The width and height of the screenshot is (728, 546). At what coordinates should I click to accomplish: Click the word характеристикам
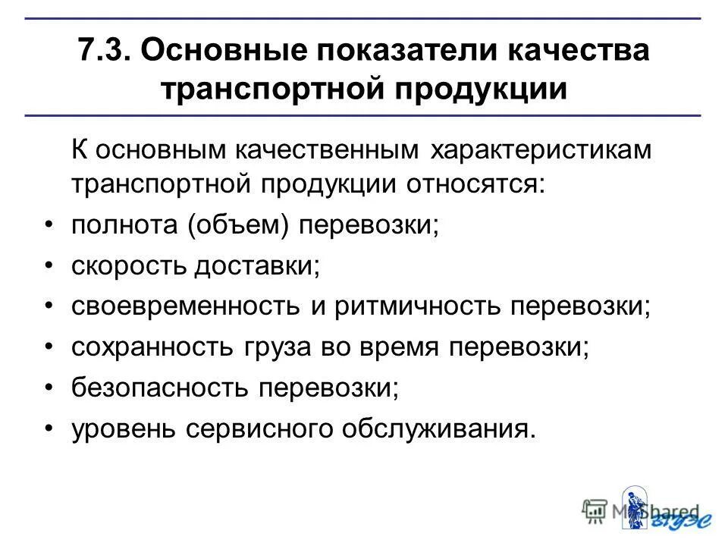point(541,149)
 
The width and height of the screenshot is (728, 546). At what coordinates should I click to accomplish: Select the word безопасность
point(158,389)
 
